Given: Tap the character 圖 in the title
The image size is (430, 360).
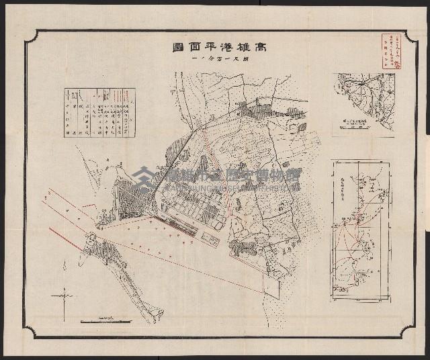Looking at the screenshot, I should click(x=175, y=48).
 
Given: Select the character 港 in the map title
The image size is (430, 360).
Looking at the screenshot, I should click(x=217, y=48).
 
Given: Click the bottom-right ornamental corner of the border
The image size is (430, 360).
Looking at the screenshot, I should click(x=408, y=330).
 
